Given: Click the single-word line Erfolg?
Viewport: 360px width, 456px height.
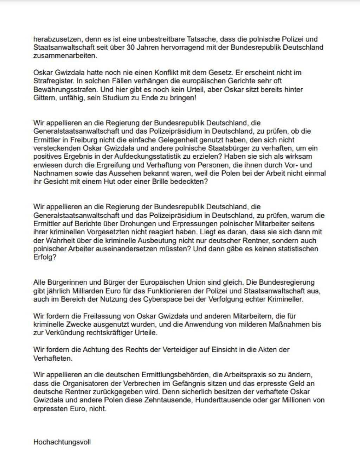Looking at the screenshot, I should (45, 258).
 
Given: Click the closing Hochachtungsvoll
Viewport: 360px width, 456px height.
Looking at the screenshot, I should (62, 442).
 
